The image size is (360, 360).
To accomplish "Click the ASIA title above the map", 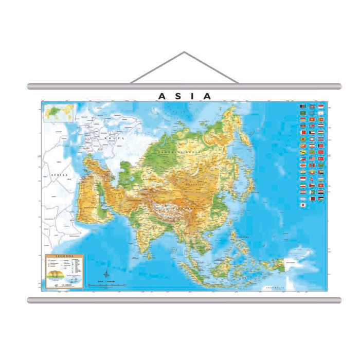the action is pyautogui.click(x=184, y=96).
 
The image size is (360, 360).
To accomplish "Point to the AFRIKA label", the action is pyautogui.click(x=60, y=175).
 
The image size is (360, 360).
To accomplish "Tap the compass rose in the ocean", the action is pyautogui.click(x=106, y=275).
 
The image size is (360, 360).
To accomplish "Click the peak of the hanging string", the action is pyautogui.click(x=184, y=52).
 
